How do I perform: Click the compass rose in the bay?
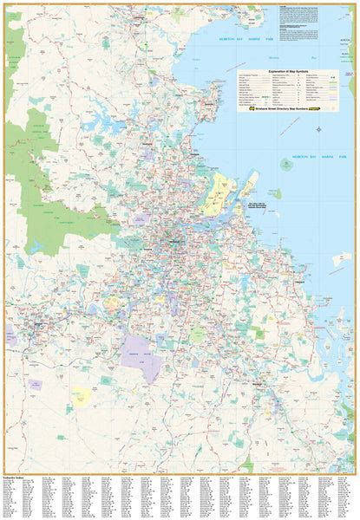[x=319, y=129]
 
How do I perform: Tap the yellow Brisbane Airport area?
[x=216, y=193]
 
